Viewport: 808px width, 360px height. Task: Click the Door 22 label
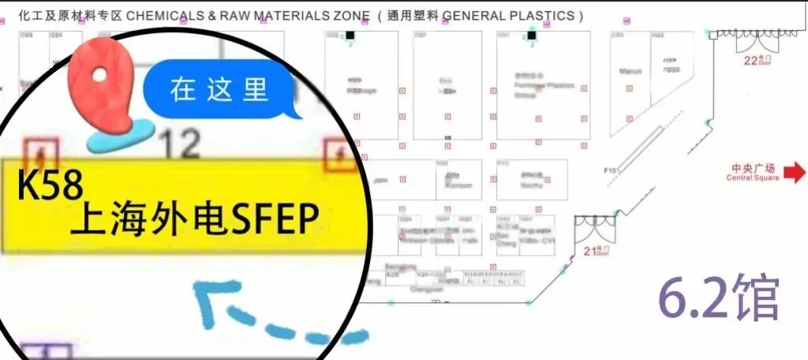(x=757, y=60)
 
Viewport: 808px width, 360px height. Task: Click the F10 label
(x=609, y=170)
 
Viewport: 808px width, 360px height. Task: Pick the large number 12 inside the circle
(x=179, y=144)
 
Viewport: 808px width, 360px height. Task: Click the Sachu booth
(x=530, y=181)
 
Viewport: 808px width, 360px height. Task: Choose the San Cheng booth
(x=508, y=234)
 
